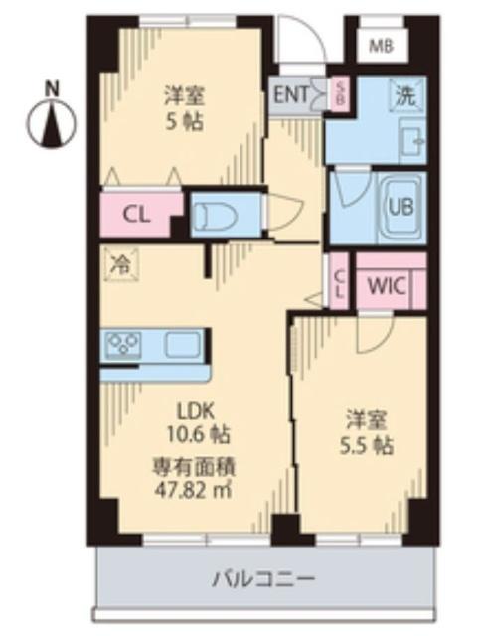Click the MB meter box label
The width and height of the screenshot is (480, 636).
click(381, 44)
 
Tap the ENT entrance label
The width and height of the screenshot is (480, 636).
click(289, 95)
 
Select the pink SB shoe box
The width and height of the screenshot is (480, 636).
click(339, 94)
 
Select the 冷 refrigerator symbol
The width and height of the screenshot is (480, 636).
click(121, 264)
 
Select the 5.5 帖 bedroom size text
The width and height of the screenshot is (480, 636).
click(364, 445)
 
